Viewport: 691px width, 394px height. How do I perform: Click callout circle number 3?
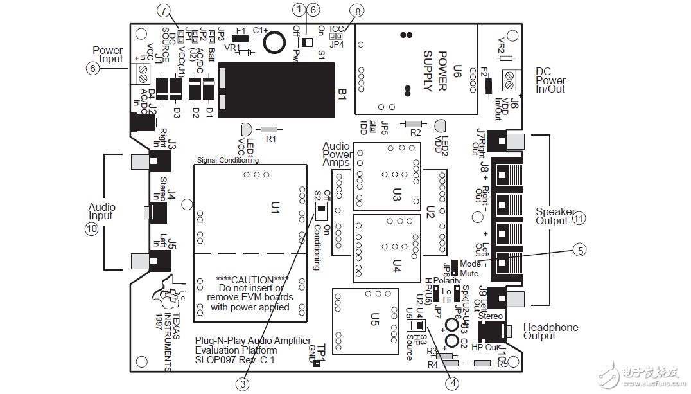[242, 384]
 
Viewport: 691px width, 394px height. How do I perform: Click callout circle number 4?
[453, 383]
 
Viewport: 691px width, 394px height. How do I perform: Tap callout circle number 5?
[581, 251]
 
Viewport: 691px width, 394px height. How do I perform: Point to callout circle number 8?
[358, 10]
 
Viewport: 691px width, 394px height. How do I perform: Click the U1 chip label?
[275, 207]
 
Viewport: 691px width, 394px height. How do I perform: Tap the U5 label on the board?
[374, 319]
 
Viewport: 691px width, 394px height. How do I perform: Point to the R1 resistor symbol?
[269, 129]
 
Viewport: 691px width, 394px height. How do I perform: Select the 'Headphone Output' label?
[550, 332]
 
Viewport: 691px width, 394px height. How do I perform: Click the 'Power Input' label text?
[107, 55]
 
